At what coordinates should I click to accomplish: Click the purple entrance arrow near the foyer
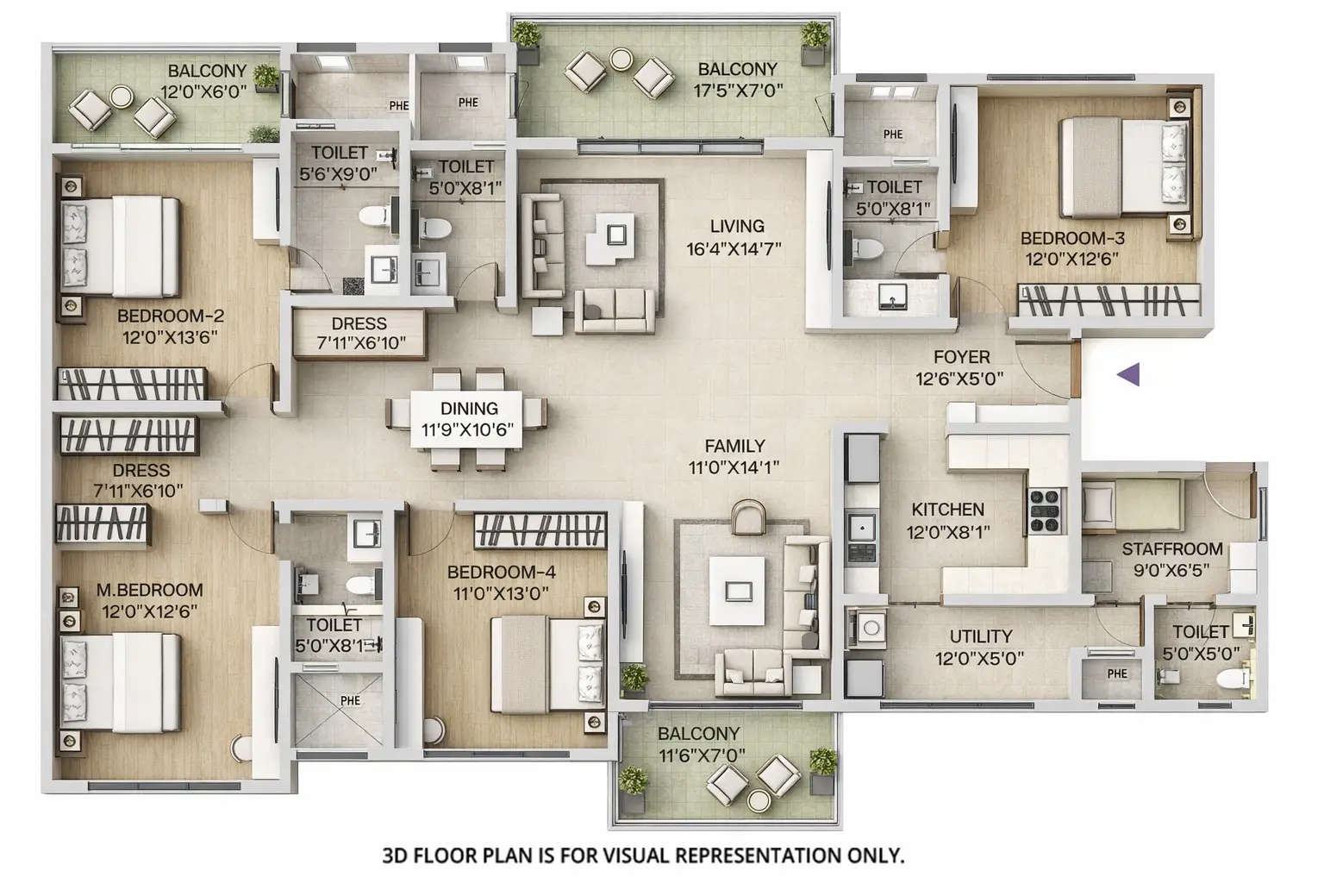[1128, 374]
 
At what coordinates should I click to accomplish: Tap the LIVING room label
[736, 226]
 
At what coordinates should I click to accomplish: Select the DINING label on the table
[469, 409]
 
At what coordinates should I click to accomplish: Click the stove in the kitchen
[1045, 510]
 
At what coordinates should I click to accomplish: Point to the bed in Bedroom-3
[1121, 166]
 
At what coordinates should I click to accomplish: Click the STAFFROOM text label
[1171, 549]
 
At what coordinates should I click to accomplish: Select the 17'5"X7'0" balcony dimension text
[738, 90]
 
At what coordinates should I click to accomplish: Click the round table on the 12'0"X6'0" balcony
[122, 97]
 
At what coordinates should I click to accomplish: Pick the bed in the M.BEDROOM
[121, 681]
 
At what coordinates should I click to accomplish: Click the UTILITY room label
[980, 637]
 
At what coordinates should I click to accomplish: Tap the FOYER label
[961, 357]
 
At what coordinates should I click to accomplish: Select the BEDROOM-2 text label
[171, 316]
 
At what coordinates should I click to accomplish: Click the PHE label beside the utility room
[1117, 674]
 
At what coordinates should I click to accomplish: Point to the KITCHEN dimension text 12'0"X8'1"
[947, 532]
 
